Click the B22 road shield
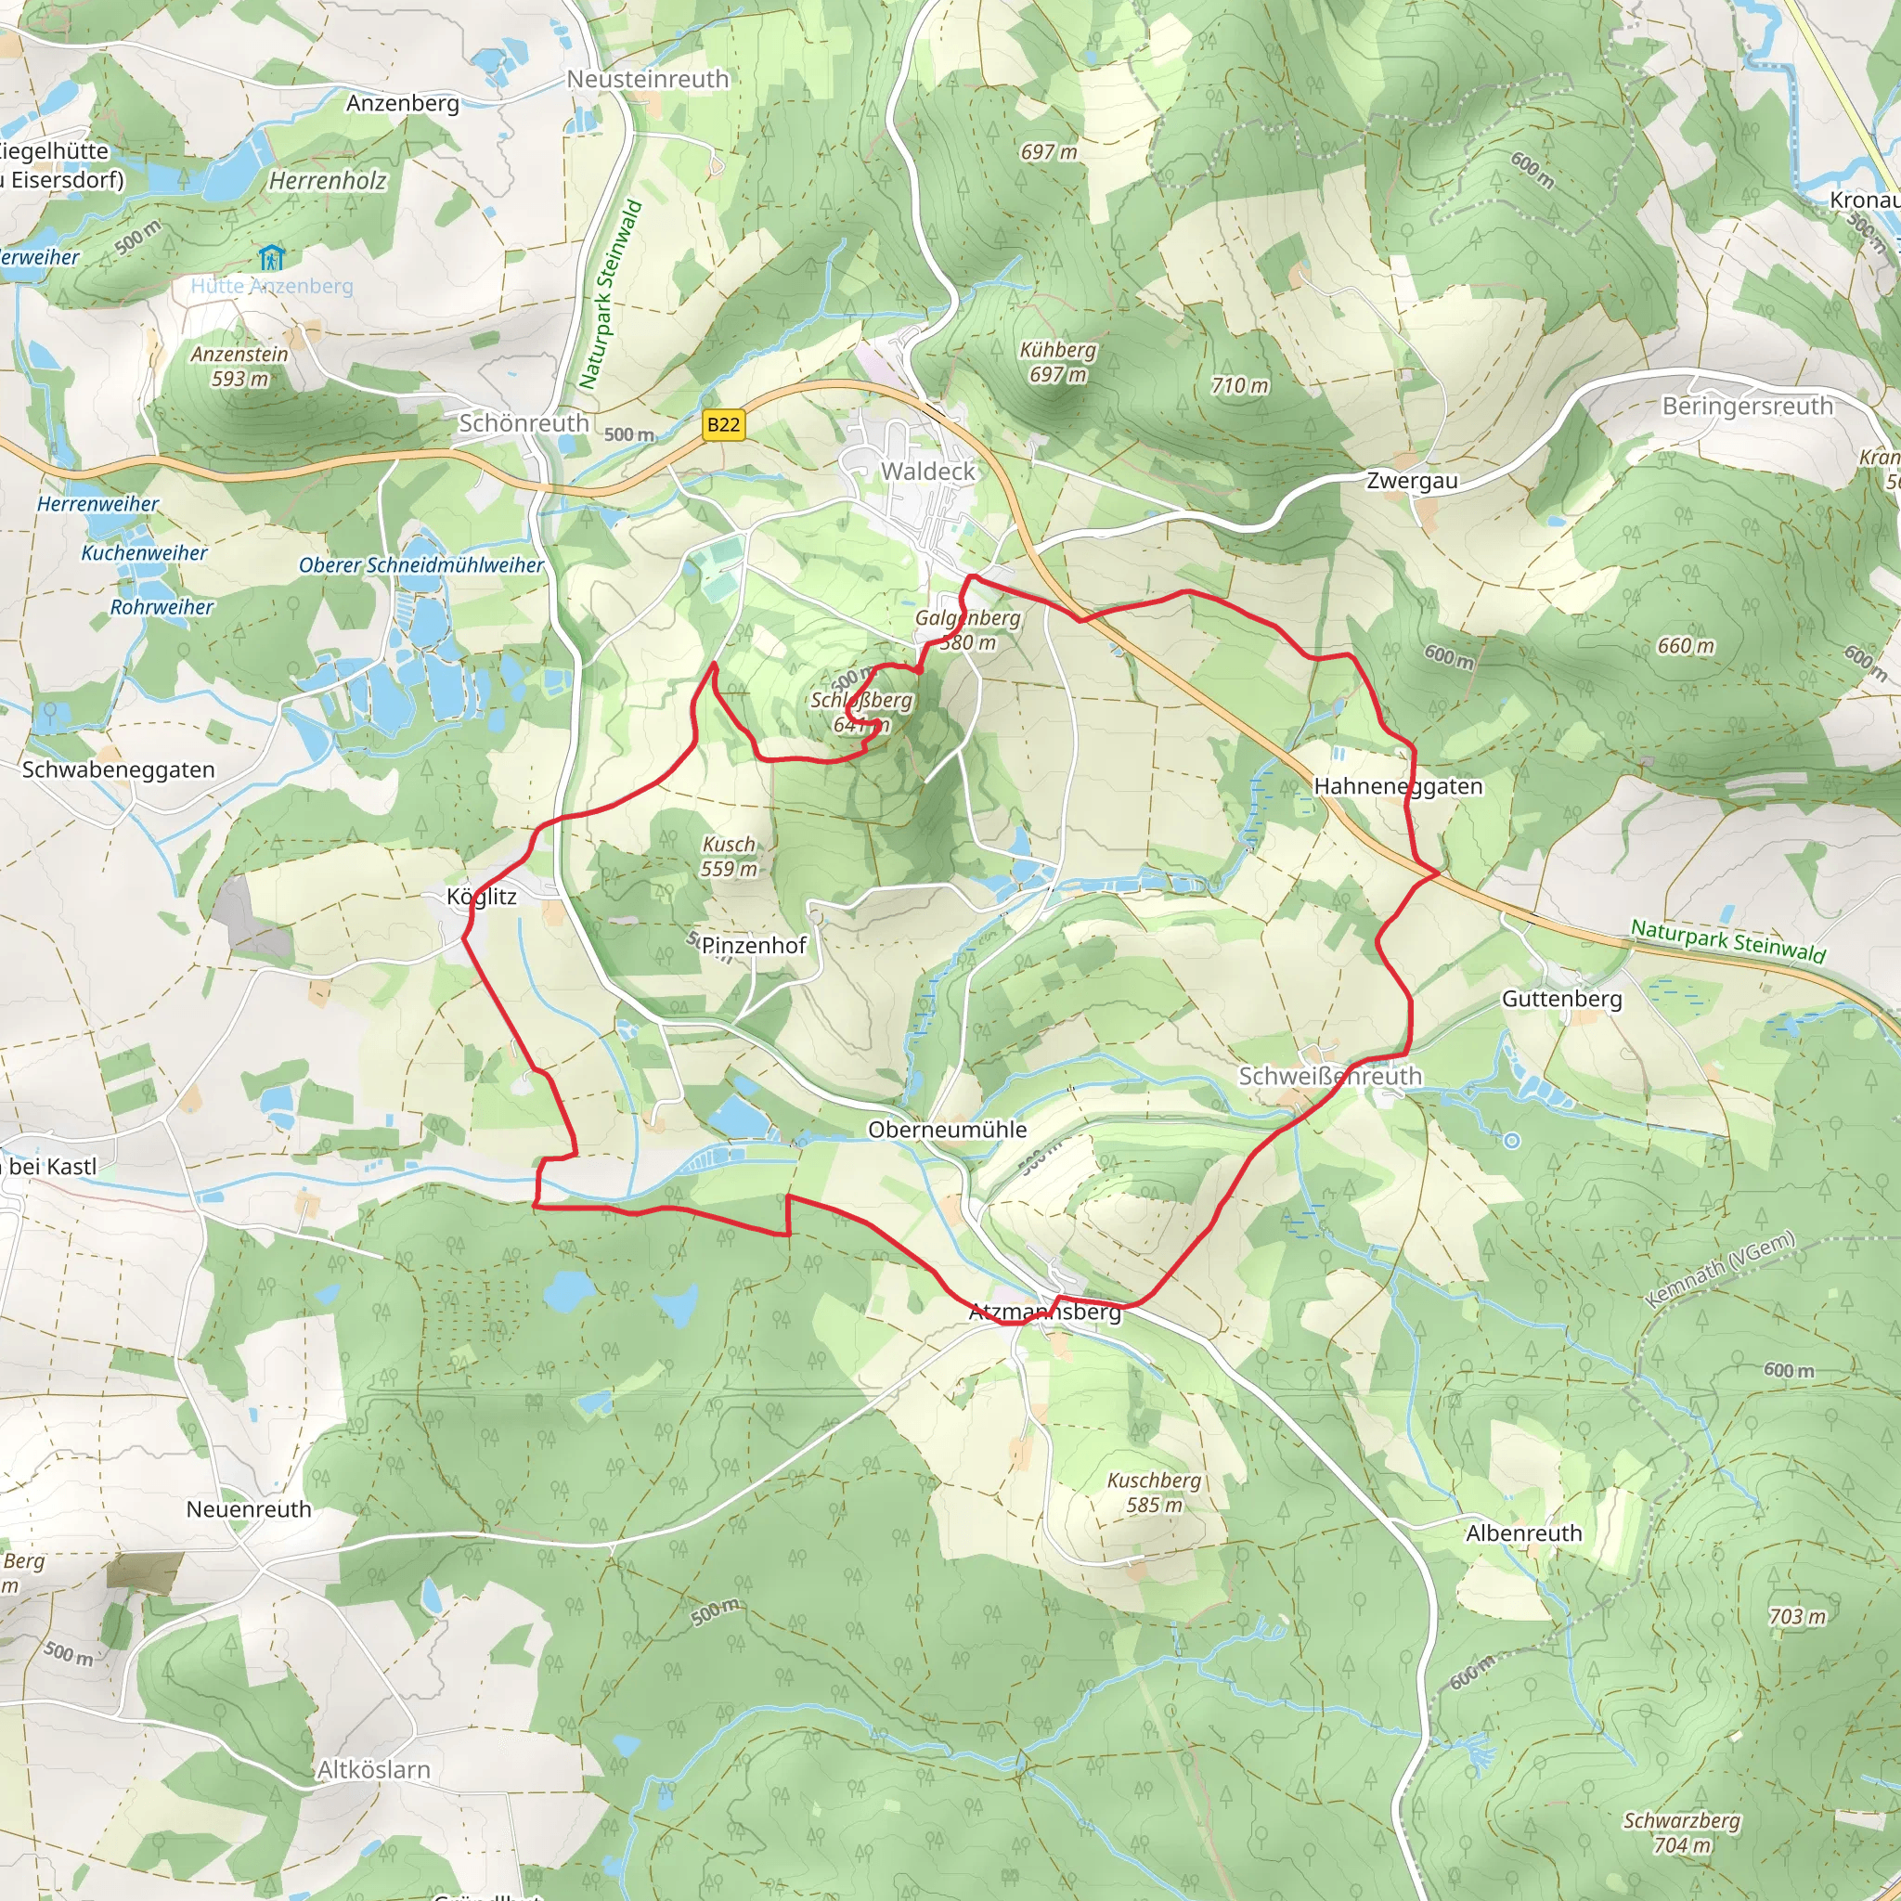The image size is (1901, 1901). (723, 425)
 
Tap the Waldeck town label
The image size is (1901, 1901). (928, 472)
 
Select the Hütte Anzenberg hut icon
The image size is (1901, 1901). (271, 259)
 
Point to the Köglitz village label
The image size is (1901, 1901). (481, 897)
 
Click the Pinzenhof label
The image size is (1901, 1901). (754, 946)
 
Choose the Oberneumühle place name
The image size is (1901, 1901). (947, 1130)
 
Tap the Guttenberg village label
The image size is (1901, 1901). (1561, 999)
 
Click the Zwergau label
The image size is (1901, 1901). (1412, 481)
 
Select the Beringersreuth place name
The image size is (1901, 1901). (1748, 407)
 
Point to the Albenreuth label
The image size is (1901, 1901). (1524, 1533)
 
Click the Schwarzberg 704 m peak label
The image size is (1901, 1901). (1682, 1833)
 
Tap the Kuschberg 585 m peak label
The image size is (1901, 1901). (1154, 1493)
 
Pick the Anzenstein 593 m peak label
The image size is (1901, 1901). (240, 366)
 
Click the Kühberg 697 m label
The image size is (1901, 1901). (1058, 362)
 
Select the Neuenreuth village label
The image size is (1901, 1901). (249, 1509)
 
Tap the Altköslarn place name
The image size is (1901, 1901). (374, 1770)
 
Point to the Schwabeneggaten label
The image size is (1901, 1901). (118, 769)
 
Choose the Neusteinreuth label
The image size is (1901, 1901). (648, 80)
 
